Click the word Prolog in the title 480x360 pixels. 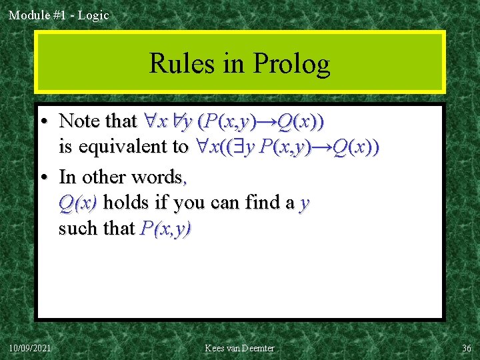292,65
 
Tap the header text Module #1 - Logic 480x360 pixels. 59,15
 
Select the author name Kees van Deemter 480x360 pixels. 239,348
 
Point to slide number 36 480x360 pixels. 466,348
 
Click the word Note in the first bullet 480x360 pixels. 79,121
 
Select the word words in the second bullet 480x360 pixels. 161,177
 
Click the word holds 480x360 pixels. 126,202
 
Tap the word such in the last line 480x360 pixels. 75,229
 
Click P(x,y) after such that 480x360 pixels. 167,229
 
